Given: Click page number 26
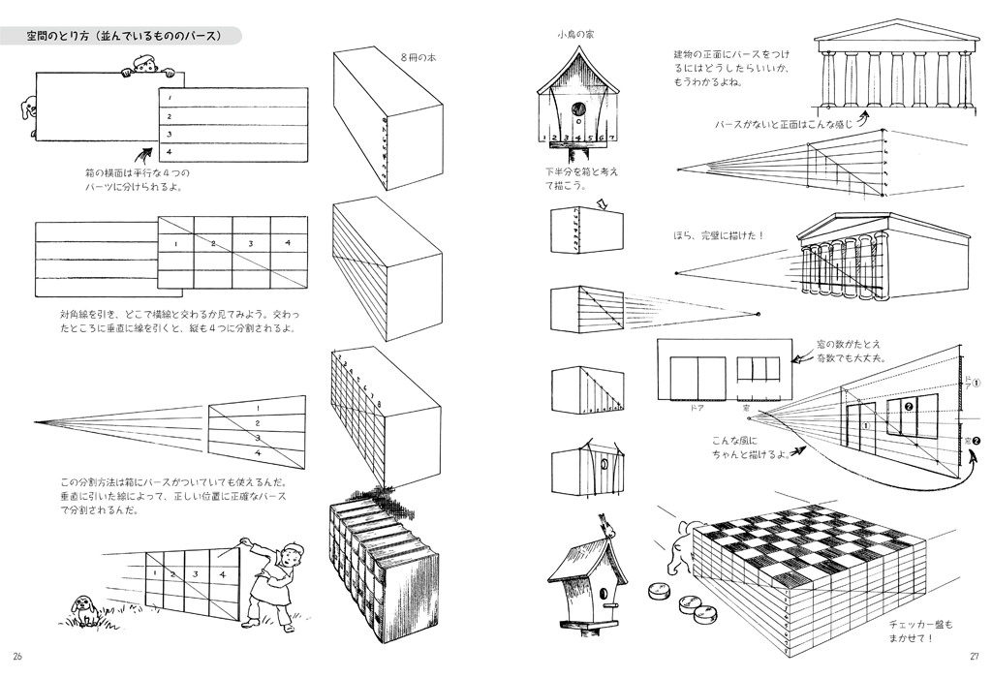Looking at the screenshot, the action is tap(16, 659).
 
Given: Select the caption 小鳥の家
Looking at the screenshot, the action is tap(575, 35).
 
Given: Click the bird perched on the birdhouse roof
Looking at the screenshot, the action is tap(607, 525).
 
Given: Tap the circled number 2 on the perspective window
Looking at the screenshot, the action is tap(908, 406).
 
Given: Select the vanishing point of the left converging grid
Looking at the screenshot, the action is tap(36, 421).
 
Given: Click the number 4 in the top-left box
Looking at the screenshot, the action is tap(170, 152).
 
